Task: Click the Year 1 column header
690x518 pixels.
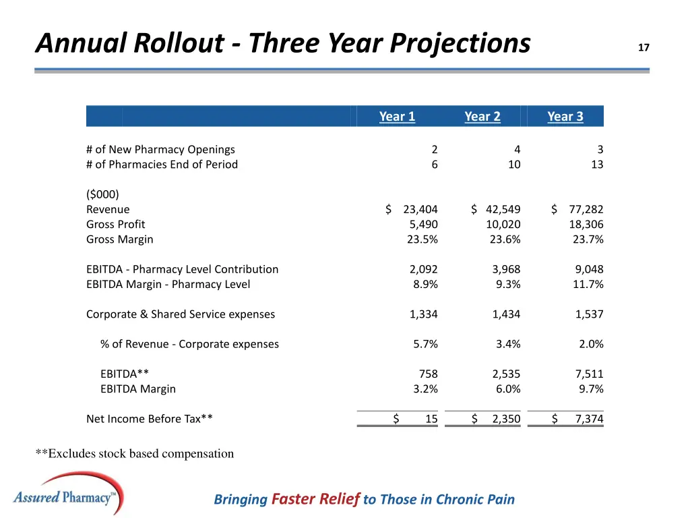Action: click(397, 117)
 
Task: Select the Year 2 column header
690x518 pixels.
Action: click(482, 117)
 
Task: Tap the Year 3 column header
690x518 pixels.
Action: click(565, 117)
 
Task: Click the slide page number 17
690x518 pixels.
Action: click(644, 48)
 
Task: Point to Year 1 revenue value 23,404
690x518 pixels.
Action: click(420, 209)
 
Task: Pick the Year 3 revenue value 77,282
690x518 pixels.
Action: click(586, 209)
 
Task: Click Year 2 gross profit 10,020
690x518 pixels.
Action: click(503, 224)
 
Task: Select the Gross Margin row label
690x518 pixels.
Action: click(120, 239)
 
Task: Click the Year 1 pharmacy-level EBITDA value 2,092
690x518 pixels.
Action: click(423, 269)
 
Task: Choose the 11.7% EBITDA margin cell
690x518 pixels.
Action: click(588, 284)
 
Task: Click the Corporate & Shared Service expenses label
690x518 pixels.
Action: click(181, 314)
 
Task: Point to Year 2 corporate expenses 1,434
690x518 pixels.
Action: click(506, 314)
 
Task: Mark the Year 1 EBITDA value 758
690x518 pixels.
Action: click(428, 374)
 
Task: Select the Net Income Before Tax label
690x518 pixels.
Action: click(150, 419)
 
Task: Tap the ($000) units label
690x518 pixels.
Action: click(102, 194)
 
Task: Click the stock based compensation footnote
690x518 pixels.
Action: click(135, 454)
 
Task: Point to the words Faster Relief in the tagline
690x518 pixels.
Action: click(315, 499)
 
